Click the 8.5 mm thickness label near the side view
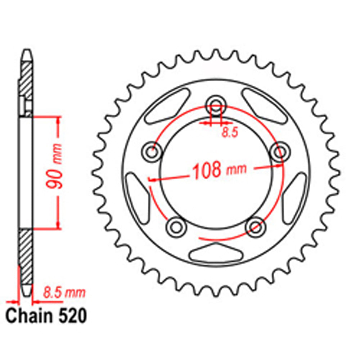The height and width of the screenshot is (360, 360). (x=64, y=292)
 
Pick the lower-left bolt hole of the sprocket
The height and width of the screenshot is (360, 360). (x=176, y=226)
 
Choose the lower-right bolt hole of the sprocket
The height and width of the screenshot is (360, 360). (x=255, y=226)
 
